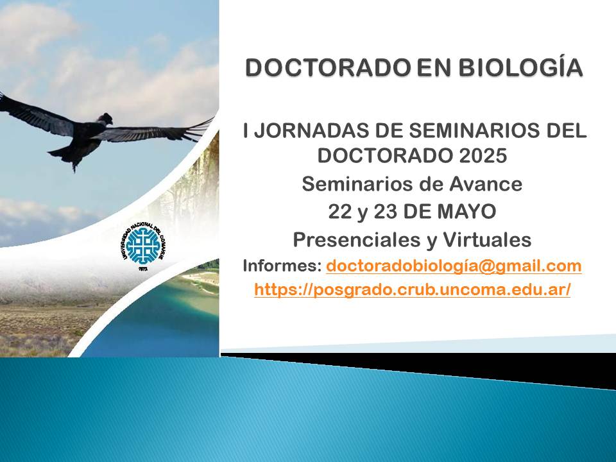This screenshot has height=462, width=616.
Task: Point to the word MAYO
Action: pos(466,212)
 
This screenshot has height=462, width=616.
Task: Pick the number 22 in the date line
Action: pos(340,212)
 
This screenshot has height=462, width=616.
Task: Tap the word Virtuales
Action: pos(487,239)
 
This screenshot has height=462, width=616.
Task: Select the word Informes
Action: pos(282,266)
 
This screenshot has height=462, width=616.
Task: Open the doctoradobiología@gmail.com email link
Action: pos(454,266)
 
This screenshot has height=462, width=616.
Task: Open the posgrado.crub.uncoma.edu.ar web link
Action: pos(412,290)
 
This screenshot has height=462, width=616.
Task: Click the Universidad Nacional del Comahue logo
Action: pos(142,246)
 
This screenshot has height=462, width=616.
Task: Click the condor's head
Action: pos(106,118)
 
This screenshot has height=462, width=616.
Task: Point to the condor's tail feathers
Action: pos(67,155)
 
